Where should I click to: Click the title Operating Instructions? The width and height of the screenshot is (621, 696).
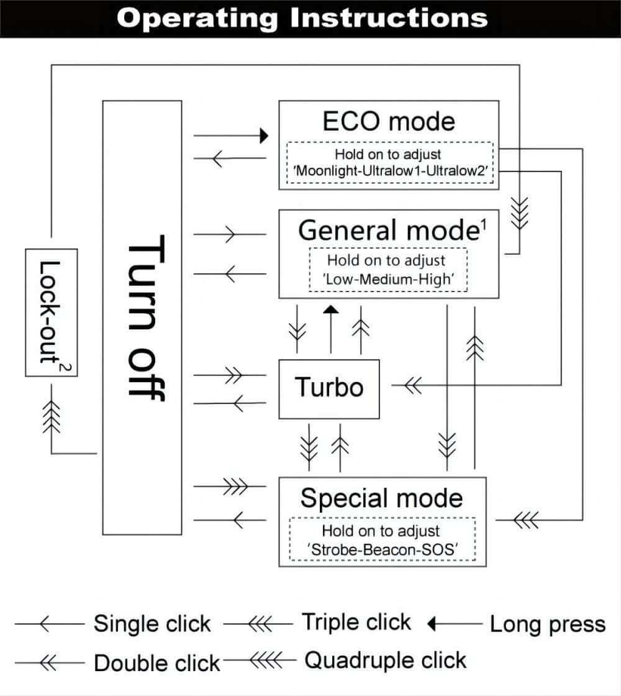302,18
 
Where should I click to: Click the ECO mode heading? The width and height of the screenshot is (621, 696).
389,121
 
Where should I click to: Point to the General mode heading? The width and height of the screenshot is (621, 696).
392,230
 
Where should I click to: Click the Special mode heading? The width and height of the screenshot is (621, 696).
382,498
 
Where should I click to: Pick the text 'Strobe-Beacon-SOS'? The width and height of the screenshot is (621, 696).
382,549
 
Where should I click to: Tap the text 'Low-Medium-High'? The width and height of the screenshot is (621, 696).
388,279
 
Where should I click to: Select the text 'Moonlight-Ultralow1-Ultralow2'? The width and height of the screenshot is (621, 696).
391,170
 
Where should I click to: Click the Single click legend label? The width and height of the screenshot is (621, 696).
152,623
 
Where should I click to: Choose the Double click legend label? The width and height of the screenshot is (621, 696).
157,663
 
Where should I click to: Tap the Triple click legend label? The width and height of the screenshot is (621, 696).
356,621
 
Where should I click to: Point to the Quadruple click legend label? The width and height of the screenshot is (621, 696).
385,660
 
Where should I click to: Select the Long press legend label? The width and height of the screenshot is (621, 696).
547,624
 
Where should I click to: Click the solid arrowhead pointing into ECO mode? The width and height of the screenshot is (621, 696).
265,135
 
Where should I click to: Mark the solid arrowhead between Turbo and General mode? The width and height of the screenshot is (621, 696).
331,309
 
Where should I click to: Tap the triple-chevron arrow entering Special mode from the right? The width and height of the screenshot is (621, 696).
526,520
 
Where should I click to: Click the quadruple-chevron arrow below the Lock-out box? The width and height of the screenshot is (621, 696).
52,417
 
